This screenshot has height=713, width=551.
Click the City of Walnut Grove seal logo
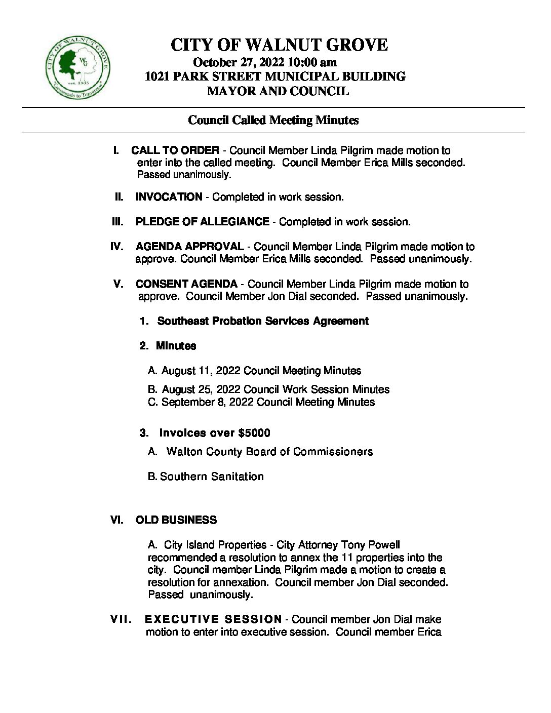tap(77, 69)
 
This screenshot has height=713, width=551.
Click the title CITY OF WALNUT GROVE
tap(279, 45)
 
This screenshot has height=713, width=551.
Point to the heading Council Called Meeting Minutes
tap(273, 120)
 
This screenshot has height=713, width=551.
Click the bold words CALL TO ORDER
tap(175, 150)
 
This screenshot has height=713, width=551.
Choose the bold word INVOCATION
tap(169, 197)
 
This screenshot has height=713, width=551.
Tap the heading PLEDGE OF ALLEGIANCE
tap(202, 222)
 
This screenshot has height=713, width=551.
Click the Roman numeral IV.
tap(116, 247)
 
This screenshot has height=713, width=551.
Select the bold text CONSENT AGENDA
tap(186, 284)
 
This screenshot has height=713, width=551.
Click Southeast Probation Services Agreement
tap(263, 321)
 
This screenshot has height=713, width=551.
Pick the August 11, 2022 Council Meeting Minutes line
tap(255, 371)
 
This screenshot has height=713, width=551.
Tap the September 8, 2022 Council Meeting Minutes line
tap(261, 402)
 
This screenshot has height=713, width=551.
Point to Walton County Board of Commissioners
tap(269, 452)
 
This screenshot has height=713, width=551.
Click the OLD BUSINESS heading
tap(176, 520)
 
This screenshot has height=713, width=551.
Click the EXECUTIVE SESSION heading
tap(213, 619)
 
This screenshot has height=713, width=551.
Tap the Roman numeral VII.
tap(122, 619)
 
